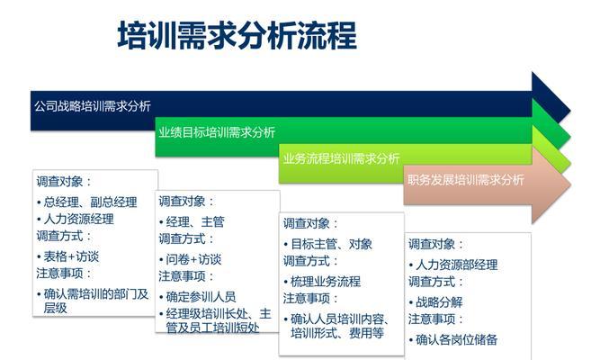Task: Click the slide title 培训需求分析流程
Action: (237, 35)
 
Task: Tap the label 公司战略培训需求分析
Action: (93, 106)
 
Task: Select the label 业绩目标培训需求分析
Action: (217, 132)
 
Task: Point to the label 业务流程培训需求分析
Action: (341, 158)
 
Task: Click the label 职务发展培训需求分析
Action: (466, 180)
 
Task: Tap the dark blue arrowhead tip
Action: (570, 111)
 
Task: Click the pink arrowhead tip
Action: (571, 185)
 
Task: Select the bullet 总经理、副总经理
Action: (87, 202)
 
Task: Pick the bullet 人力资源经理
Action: (76, 219)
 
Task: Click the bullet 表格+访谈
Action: (67, 256)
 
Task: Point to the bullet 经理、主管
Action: (192, 221)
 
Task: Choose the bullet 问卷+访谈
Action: (190, 259)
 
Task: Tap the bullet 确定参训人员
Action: (197, 296)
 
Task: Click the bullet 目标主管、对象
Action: (328, 244)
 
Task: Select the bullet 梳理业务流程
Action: (322, 282)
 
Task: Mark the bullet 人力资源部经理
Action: (453, 265)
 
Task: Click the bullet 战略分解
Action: (435, 302)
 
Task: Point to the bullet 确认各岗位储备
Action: (453, 339)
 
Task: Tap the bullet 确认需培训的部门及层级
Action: (93, 301)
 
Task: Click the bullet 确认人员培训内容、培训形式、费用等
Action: (336, 326)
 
